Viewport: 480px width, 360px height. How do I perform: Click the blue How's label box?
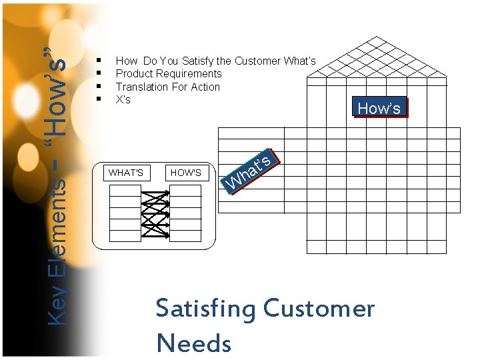point(379,108)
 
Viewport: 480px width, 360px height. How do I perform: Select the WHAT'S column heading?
point(126,173)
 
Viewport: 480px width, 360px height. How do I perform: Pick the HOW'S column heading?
point(186,173)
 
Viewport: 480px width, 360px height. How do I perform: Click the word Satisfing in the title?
point(205,310)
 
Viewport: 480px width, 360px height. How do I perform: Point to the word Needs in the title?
point(193,343)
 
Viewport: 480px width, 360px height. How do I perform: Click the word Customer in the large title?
point(319,309)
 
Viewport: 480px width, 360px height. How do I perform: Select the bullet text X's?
point(123,99)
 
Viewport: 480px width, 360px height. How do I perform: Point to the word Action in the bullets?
point(205,87)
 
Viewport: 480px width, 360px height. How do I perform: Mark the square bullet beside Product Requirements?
point(98,73)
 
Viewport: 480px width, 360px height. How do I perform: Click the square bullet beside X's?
point(98,99)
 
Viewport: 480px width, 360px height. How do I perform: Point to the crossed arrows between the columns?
point(156,213)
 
